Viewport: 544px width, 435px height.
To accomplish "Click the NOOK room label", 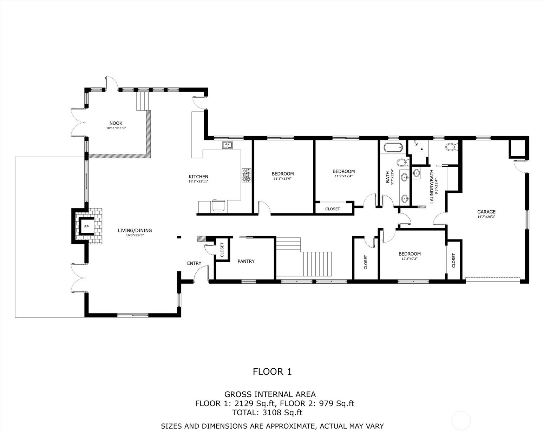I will tap(116, 123).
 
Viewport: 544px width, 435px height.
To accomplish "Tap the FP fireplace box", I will tap(86, 227).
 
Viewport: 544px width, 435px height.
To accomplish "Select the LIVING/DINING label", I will tap(135, 231).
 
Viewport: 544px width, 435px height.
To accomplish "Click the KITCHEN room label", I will tap(198, 177).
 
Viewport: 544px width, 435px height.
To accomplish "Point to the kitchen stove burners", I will tap(246, 175).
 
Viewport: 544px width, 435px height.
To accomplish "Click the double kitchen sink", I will tap(227, 145).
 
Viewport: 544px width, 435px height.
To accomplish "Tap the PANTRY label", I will tap(246, 261).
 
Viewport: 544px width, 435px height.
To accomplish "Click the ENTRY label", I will tap(194, 263).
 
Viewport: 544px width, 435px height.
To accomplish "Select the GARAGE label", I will tap(486, 212).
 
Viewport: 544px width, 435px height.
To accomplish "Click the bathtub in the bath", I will tap(393, 147).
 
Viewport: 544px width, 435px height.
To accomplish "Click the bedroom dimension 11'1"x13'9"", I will tap(282, 179).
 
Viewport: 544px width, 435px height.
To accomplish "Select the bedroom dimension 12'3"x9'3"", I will tap(409, 259).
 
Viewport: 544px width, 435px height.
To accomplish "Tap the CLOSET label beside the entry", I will tap(222, 250).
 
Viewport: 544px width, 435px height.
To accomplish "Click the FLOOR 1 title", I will tap(272, 371).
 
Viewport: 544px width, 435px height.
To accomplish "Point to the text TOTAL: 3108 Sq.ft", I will tap(267, 413).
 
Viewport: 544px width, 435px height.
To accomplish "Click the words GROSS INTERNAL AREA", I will tap(270, 394).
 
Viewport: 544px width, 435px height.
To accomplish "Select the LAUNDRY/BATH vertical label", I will tap(432, 186).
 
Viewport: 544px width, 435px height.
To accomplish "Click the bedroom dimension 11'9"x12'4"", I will tap(343, 176).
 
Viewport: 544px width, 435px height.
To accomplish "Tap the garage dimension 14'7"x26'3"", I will tap(486, 217).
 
